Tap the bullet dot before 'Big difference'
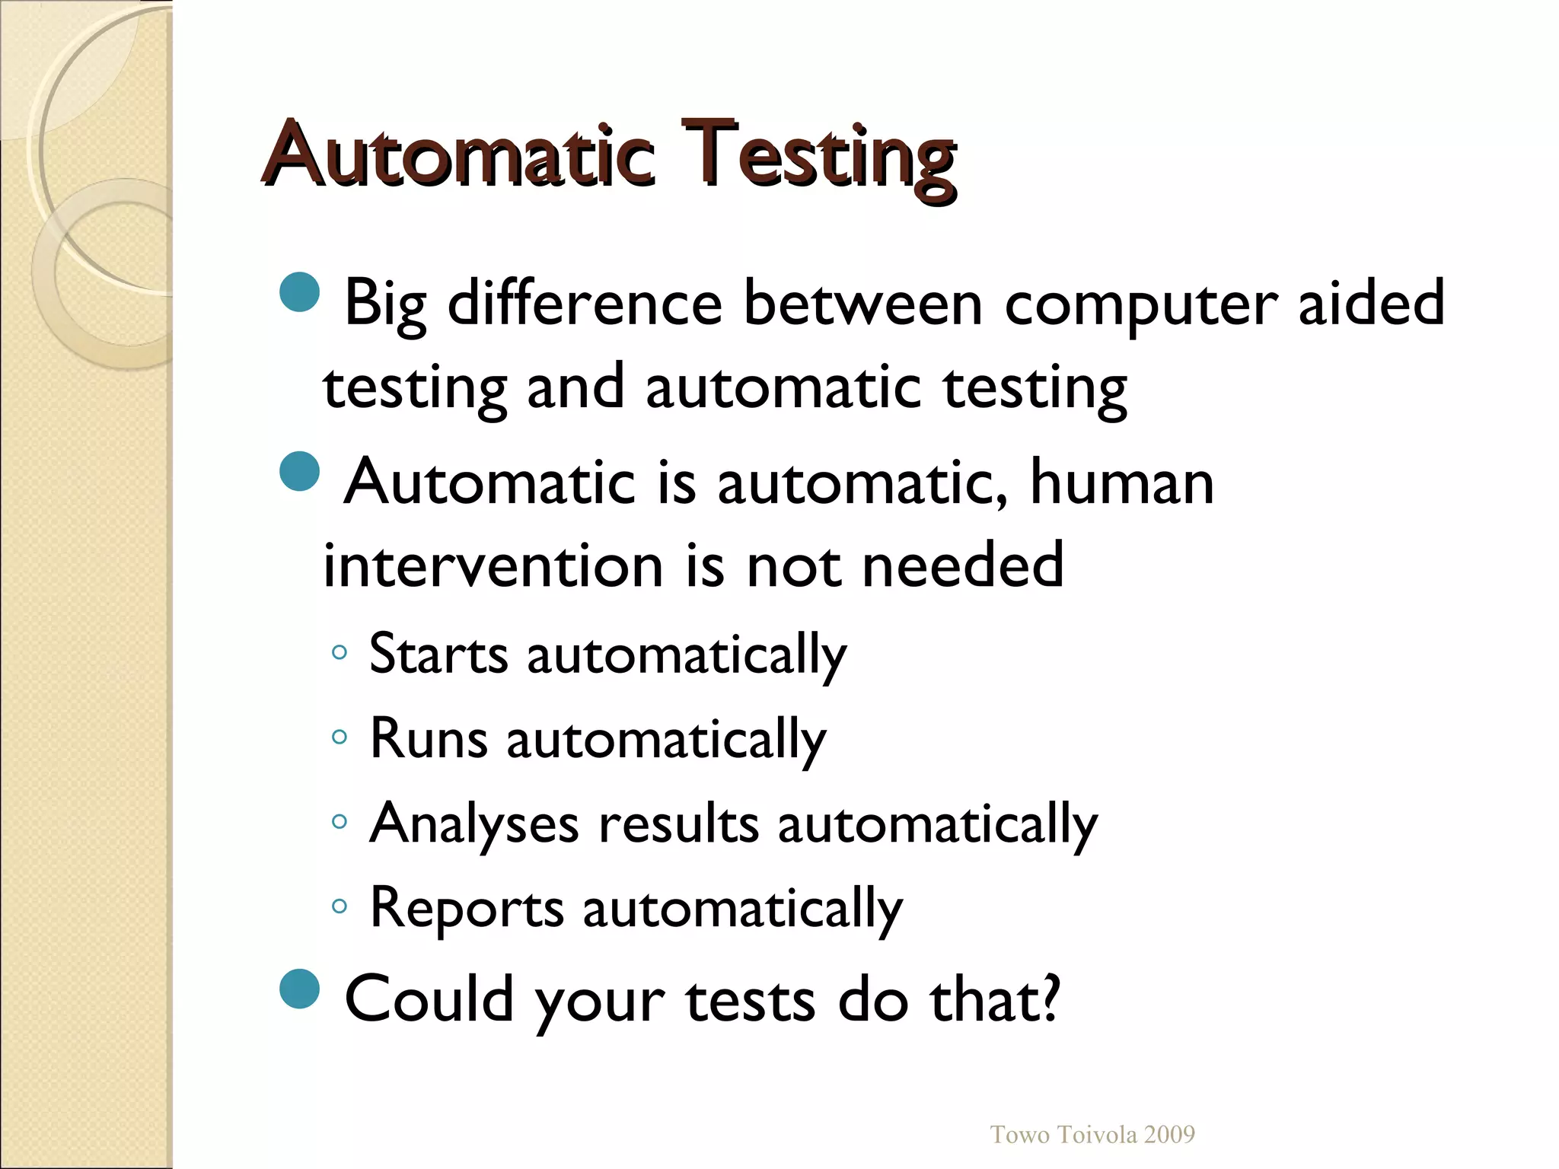click(299, 293)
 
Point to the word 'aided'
click(1371, 303)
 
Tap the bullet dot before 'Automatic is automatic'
click(299, 472)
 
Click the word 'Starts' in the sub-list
click(438, 654)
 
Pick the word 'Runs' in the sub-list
click(428, 738)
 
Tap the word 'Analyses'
click(473, 824)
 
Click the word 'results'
click(679, 824)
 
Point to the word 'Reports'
click(466, 908)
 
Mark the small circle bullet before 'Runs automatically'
click(340, 737)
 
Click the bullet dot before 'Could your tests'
click(299, 989)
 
